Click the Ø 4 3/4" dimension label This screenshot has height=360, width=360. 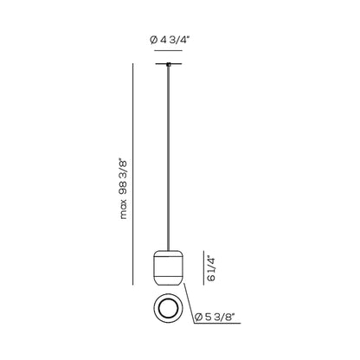pos(169,40)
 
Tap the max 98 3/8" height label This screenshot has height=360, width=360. pos(123,189)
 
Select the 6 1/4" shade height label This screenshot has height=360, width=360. pos(211,269)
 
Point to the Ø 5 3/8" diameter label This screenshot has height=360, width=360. pos(214,317)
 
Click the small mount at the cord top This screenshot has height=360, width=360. pos(169,64)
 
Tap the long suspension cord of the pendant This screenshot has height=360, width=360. pos(169,158)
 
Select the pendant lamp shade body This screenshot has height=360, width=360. pos(169,268)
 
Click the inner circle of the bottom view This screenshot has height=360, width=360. pos(169,308)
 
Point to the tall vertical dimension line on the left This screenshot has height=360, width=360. pos(133,174)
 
